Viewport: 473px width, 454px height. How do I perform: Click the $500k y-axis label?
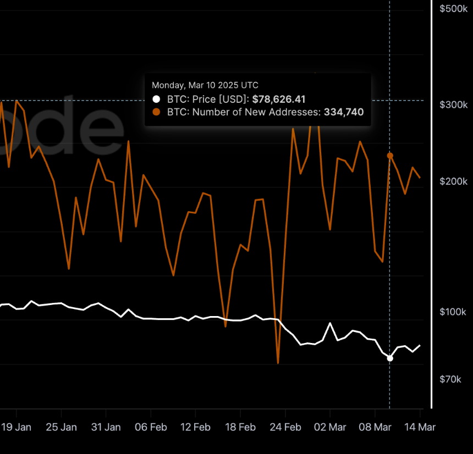pyautogui.click(x=453, y=9)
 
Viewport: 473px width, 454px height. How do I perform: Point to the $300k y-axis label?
pyautogui.click(x=453, y=104)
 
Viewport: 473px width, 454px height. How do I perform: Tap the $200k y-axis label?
pyautogui.click(x=453, y=181)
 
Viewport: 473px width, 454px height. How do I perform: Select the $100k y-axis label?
pyautogui.click(x=453, y=312)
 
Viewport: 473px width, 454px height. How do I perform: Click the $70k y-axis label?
pyautogui.click(x=450, y=379)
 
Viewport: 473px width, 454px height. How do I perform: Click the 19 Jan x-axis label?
pyautogui.click(x=16, y=427)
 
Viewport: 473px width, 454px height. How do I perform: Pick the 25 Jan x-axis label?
pyautogui.click(x=61, y=427)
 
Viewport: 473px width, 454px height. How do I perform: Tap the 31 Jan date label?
pyautogui.click(x=106, y=427)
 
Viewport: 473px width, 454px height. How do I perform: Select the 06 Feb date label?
pyautogui.click(x=151, y=427)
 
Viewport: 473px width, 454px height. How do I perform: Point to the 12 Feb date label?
pyautogui.click(x=195, y=427)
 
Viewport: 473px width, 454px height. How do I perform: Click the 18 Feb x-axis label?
pyautogui.click(x=240, y=427)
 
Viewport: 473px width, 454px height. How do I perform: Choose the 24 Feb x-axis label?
pyautogui.click(x=285, y=427)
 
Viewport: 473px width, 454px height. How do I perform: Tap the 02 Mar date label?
pyautogui.click(x=330, y=427)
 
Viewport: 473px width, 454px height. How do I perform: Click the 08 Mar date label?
pyautogui.click(x=375, y=427)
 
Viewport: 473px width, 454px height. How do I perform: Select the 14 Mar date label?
pyautogui.click(x=420, y=427)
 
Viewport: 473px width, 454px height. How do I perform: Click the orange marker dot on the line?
pyautogui.click(x=390, y=156)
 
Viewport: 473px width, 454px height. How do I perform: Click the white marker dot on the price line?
pyautogui.click(x=390, y=358)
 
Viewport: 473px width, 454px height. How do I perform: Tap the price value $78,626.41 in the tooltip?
pyautogui.click(x=279, y=99)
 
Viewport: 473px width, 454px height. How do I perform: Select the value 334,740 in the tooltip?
pyautogui.click(x=344, y=112)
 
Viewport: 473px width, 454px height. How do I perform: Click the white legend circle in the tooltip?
pyautogui.click(x=156, y=99)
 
